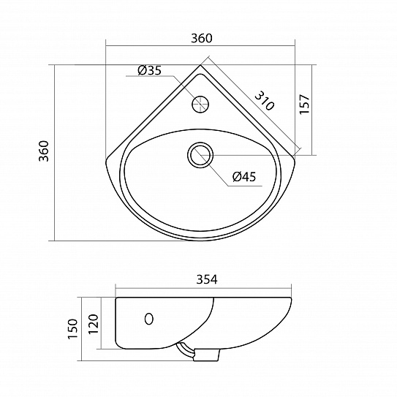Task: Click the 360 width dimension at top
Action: (202, 39)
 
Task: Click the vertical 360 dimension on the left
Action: (44, 151)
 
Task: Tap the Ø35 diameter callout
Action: (149, 70)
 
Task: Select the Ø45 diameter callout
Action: (244, 176)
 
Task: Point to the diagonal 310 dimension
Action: (264, 101)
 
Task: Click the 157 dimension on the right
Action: (304, 105)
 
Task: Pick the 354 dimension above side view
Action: (207, 279)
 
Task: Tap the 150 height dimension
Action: (72, 329)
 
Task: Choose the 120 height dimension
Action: (93, 324)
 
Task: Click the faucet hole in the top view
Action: (200, 105)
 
